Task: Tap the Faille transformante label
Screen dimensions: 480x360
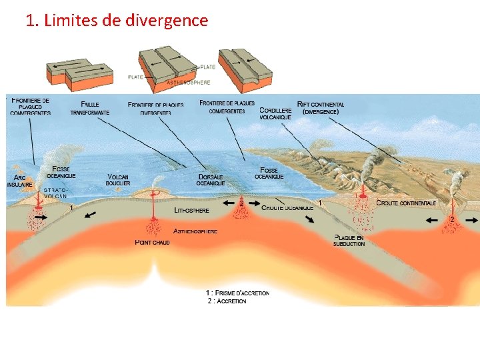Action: point(90,109)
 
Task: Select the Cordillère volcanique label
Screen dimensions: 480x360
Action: point(275,113)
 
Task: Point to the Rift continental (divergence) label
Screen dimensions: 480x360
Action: point(321,108)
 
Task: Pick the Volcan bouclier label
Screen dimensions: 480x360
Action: point(118,180)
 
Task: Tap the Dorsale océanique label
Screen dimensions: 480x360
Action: point(211,180)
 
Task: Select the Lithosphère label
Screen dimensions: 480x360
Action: point(191,210)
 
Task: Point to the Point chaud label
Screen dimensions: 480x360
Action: point(152,242)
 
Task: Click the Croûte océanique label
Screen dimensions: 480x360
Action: point(287,208)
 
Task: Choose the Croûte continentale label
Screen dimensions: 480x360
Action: point(406,203)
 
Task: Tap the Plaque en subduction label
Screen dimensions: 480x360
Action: point(349,241)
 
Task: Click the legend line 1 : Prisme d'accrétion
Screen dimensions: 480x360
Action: point(238,293)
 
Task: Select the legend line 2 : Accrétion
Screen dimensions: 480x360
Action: point(227,301)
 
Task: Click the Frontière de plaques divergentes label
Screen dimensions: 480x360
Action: point(155,109)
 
